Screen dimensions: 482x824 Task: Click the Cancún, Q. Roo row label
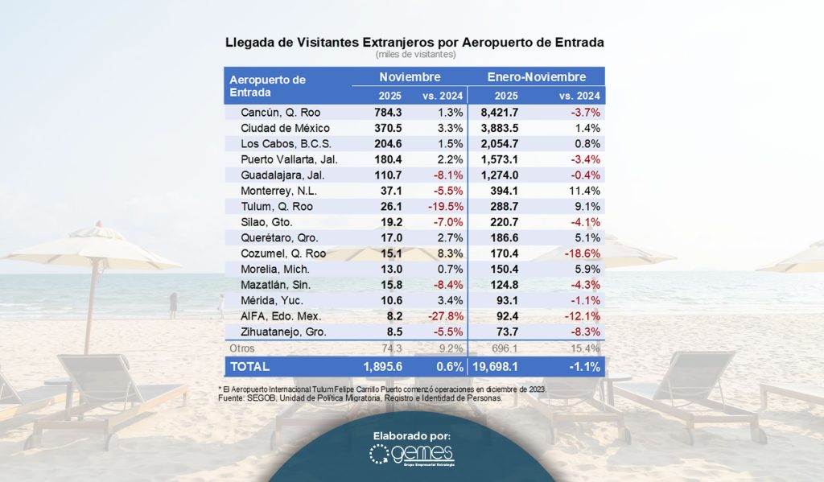[280, 113]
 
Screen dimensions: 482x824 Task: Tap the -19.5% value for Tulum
[443, 207]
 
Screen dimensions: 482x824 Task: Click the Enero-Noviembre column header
[537, 77]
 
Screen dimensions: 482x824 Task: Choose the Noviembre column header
[410, 77]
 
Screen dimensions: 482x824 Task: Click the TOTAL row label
[250, 366]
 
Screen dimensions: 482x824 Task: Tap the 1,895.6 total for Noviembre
[381, 366]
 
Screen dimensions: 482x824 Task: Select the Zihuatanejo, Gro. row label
[286, 332]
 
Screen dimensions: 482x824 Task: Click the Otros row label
[243, 348]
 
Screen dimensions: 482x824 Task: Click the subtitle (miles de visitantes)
[414, 55]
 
